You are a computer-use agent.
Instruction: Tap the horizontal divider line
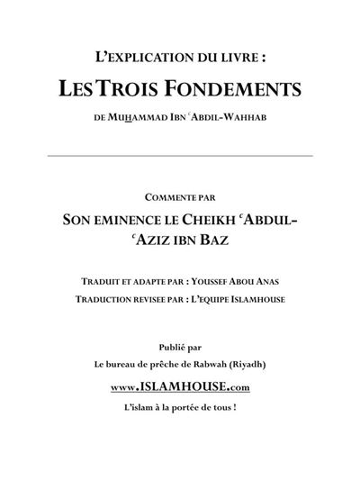(x=179, y=156)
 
